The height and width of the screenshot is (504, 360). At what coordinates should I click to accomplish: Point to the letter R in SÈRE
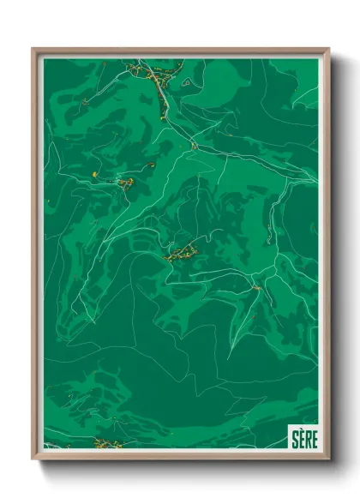[x=307, y=435]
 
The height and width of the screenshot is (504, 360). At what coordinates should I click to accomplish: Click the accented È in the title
[x=301, y=435]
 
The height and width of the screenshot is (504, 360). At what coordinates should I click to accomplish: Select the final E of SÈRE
[x=313, y=435]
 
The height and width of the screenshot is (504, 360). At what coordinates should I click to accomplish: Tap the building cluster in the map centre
[x=182, y=252]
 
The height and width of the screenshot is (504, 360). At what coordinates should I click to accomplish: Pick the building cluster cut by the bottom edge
[x=108, y=443]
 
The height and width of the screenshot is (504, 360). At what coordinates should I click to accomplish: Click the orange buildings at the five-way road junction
[x=255, y=288]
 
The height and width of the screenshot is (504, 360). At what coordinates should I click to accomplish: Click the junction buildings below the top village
[x=195, y=147]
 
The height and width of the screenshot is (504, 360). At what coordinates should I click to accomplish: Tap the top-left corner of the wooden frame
[x=34, y=50]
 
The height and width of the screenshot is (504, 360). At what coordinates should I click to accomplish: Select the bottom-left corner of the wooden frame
[x=34, y=458]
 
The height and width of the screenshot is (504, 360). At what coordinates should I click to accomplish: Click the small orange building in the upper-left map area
[x=85, y=103]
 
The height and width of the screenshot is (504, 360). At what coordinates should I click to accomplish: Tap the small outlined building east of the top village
[x=184, y=81]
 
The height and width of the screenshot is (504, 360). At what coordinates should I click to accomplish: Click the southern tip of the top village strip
[x=163, y=117]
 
